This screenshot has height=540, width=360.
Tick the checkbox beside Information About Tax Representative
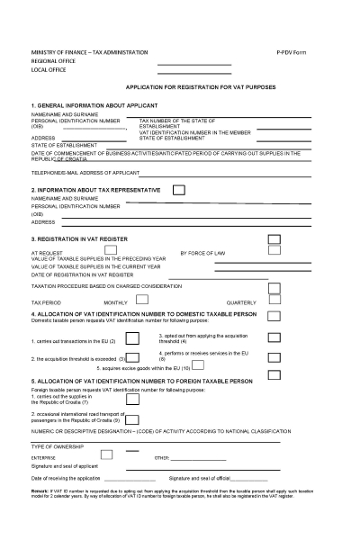(179, 190)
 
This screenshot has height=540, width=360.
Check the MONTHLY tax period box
(141, 300)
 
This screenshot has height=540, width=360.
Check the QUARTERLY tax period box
(274, 300)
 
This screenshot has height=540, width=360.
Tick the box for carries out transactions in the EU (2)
(132, 338)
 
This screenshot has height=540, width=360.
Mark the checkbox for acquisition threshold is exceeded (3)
(132, 358)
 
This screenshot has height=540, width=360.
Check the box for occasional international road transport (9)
(132, 419)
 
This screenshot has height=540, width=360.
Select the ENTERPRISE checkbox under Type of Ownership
(106, 454)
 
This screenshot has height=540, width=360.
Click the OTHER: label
(162, 457)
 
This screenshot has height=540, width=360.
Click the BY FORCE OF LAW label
(202, 254)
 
